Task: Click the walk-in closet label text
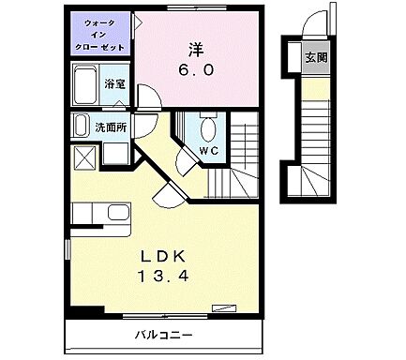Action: click(x=100, y=36)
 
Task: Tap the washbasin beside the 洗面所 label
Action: click(x=116, y=151)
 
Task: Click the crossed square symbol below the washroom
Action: click(x=83, y=157)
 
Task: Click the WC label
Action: click(x=208, y=150)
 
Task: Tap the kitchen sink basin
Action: click(x=117, y=211)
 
